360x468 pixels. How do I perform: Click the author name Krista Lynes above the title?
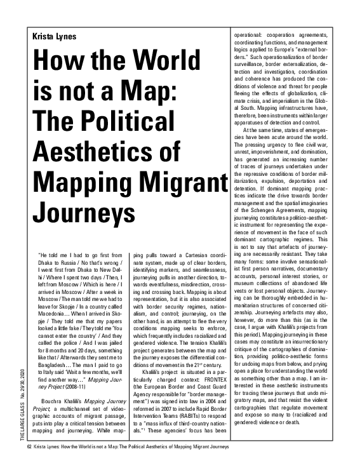click(x=56, y=36)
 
